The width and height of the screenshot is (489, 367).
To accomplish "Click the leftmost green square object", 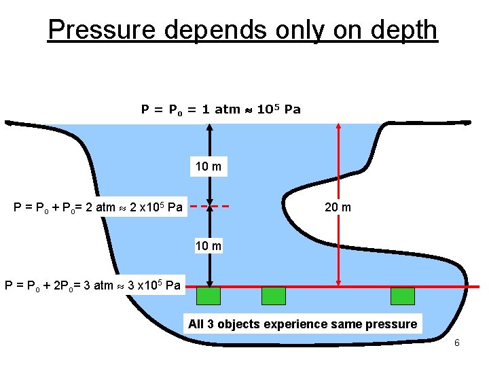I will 208,296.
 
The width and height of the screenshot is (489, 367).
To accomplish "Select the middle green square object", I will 274,296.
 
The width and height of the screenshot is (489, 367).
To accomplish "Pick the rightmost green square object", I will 402,296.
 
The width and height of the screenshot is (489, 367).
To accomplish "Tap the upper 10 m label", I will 209,167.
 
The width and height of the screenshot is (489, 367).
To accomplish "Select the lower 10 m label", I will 209,245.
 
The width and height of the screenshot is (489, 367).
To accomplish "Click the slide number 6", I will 457,343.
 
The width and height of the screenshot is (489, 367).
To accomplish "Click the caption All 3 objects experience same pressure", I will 302,324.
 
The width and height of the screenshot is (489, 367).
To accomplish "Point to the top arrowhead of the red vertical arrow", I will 339,127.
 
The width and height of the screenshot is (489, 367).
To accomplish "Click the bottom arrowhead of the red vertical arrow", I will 339,282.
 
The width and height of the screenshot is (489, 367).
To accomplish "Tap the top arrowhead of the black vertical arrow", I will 210,127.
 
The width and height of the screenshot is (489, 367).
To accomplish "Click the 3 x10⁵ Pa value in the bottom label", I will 153,285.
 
